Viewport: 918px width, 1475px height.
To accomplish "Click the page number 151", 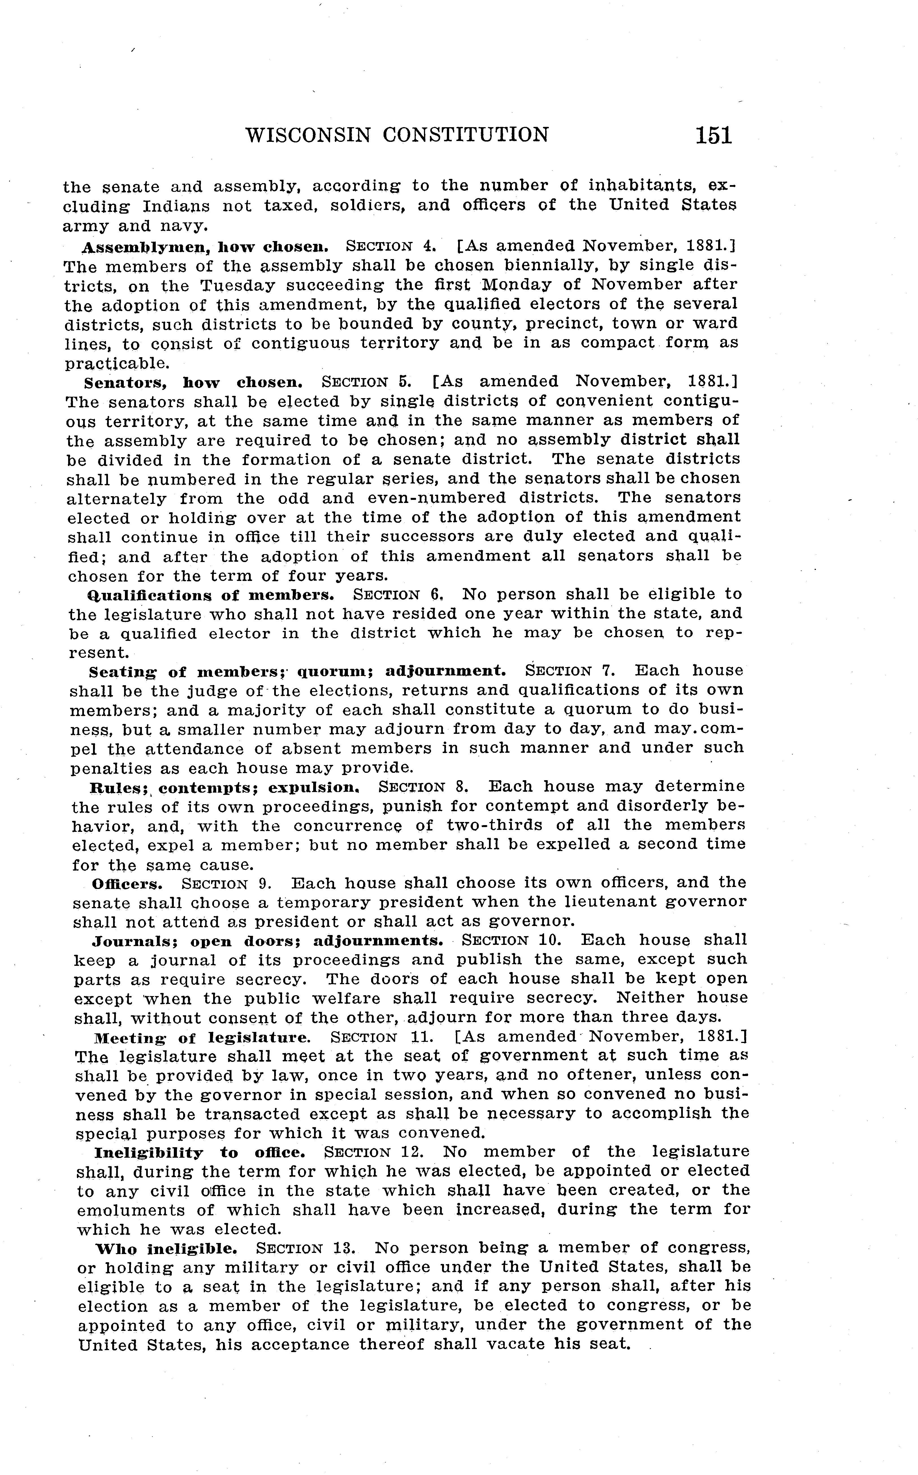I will click(714, 135).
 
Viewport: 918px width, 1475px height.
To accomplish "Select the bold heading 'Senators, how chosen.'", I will click(193, 382).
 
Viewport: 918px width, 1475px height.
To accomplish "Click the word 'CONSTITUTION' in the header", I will click(466, 135).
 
